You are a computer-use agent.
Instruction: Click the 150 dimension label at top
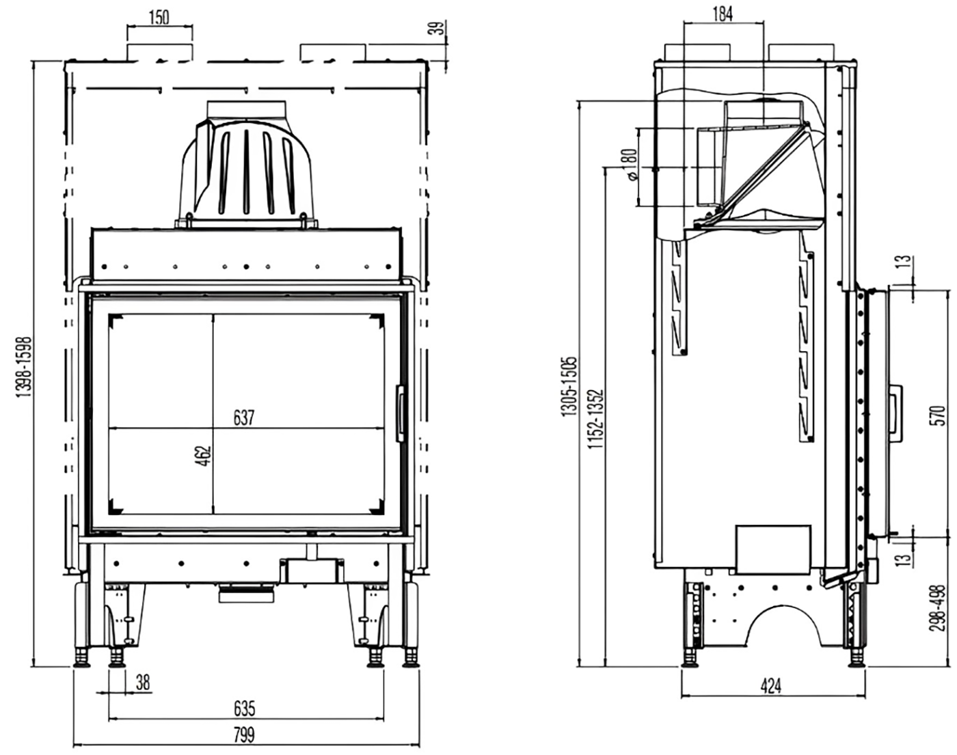[159, 17]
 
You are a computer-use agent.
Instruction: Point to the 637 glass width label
[243, 417]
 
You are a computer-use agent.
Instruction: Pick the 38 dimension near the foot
[142, 682]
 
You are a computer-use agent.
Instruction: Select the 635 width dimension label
[244, 708]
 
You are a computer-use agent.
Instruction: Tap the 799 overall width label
[244, 735]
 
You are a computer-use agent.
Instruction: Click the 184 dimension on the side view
[722, 13]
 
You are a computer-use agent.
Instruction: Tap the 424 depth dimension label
[771, 685]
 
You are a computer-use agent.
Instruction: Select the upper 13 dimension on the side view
[904, 262]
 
